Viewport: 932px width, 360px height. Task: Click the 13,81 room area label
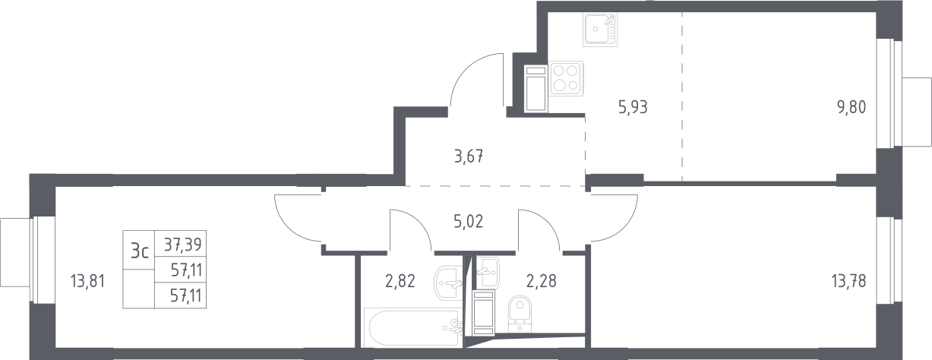[x=88, y=281]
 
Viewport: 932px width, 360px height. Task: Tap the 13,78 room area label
[x=848, y=281]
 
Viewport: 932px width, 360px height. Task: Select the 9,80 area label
[x=851, y=107]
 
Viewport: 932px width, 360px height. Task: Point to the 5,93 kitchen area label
[x=633, y=107]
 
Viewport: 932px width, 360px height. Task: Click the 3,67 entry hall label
[x=469, y=157]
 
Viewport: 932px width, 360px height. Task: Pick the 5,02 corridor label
[x=469, y=222]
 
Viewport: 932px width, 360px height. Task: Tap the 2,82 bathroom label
[x=400, y=281]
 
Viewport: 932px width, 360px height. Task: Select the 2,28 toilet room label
[x=542, y=281]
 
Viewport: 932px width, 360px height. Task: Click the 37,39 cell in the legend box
[x=182, y=245]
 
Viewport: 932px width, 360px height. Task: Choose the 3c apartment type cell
[x=140, y=251]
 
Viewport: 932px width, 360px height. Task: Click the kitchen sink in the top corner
[x=600, y=29]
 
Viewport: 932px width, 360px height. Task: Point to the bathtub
[x=413, y=327]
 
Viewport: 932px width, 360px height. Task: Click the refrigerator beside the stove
[x=536, y=89]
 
